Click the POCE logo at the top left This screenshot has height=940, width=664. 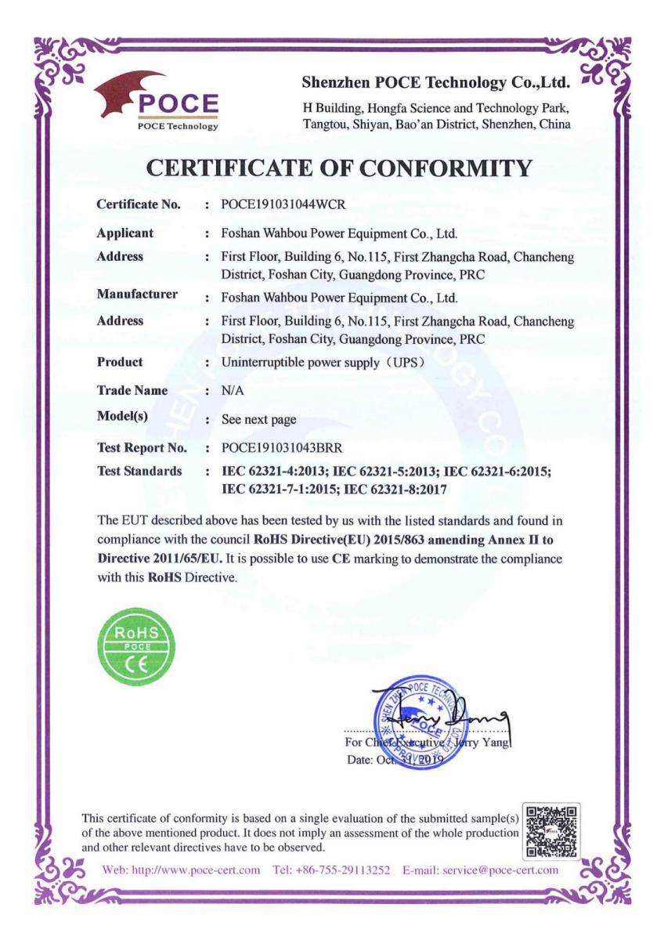(157, 102)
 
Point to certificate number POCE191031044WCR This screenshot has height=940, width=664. (283, 204)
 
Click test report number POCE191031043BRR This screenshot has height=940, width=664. (282, 448)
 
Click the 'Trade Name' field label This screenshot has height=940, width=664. (132, 390)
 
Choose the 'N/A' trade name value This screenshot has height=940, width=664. (233, 390)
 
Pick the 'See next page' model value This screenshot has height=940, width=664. (258, 420)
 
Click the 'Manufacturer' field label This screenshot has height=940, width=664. (137, 295)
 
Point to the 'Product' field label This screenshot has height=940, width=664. (120, 362)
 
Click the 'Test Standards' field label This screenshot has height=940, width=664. (139, 471)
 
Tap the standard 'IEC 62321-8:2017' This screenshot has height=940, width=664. (395, 489)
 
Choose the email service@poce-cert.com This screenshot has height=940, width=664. (500, 869)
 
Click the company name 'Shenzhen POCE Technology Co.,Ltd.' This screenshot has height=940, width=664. (435, 82)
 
